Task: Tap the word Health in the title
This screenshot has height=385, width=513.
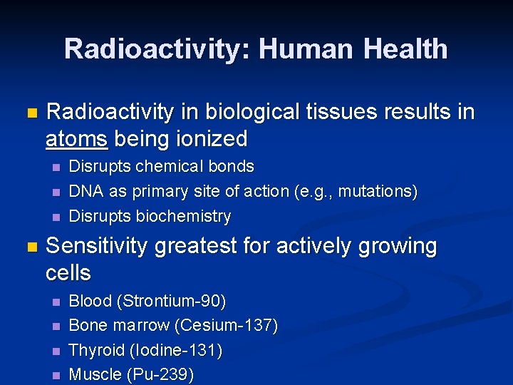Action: tap(405, 49)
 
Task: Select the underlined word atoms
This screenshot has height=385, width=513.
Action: tap(77, 138)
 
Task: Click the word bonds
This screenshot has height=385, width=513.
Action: tap(231, 166)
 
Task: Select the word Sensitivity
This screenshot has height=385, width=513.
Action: tap(97, 246)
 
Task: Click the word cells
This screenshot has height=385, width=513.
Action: tap(68, 272)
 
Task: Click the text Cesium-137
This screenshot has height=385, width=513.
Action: tap(226, 326)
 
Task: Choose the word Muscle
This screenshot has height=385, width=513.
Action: tap(94, 375)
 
